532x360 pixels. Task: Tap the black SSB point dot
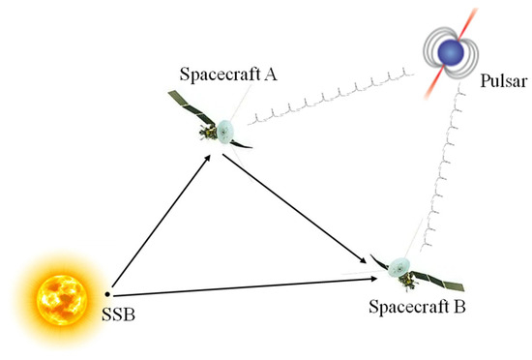point(108,293)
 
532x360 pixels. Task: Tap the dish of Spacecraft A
point(224,128)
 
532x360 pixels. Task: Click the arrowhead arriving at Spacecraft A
point(208,160)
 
